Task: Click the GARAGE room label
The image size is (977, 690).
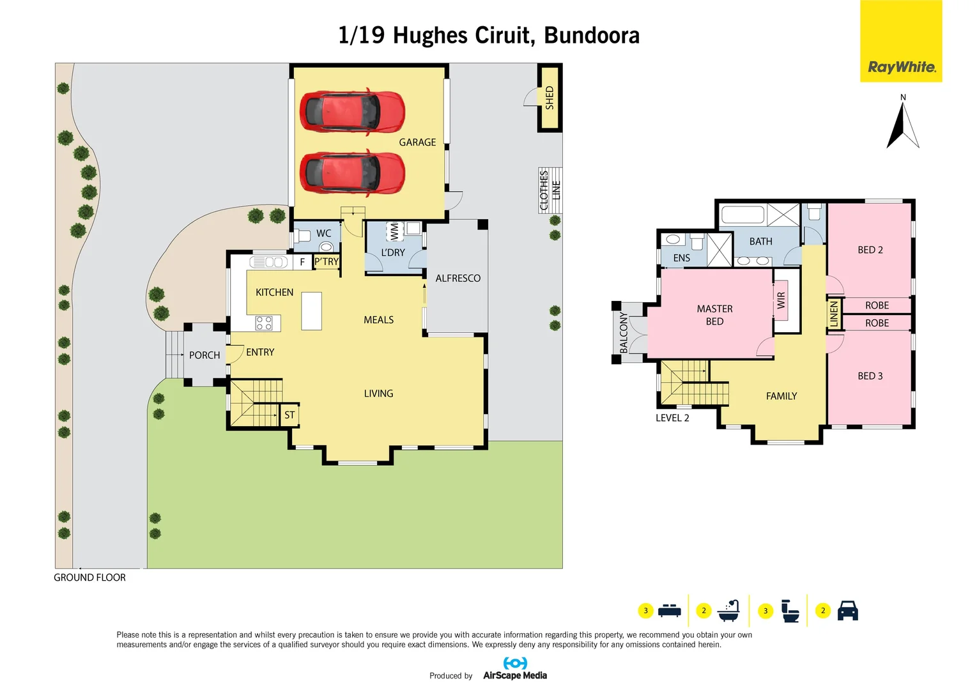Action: (x=417, y=142)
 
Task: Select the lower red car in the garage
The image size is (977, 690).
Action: (x=352, y=172)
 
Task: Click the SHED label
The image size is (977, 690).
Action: (x=550, y=98)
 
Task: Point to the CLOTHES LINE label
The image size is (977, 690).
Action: (x=550, y=190)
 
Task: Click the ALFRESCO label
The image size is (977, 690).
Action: (x=458, y=279)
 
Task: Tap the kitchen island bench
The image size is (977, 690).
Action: (x=311, y=310)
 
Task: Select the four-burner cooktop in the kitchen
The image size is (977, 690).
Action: (x=264, y=323)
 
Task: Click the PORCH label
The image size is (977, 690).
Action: (x=204, y=355)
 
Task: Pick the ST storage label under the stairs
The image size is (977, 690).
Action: (x=289, y=415)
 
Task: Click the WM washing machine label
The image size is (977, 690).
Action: (x=394, y=231)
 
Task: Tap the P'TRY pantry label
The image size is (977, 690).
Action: (x=327, y=262)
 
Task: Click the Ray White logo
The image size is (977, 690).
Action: (x=901, y=67)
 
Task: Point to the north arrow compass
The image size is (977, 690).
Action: (x=902, y=125)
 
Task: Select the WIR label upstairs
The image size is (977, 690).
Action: (x=781, y=301)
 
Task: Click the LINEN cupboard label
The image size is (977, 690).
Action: (x=834, y=314)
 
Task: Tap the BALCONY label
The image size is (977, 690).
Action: (x=624, y=332)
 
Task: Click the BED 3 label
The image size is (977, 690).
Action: (x=870, y=376)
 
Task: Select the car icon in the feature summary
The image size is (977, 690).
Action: (x=847, y=611)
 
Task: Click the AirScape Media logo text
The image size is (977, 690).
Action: (x=515, y=675)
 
